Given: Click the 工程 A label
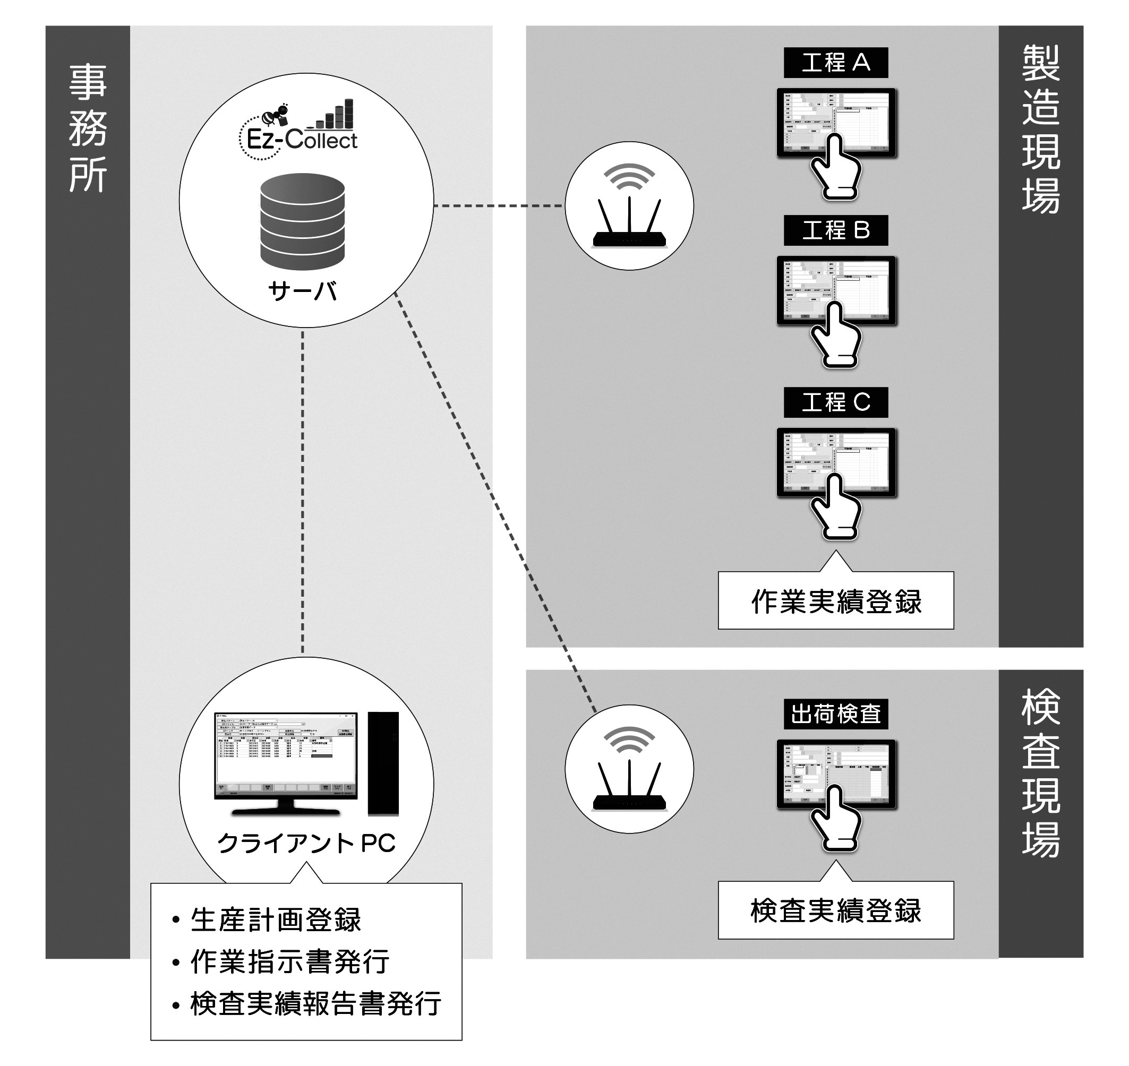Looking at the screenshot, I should coord(835,63).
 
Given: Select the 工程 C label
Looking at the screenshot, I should coord(835,402).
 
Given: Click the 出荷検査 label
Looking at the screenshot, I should coord(835,713).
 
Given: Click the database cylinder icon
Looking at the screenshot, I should coord(303,221).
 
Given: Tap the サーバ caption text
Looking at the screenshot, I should coord(303,291).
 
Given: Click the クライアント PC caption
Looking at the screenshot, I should coord(306,843).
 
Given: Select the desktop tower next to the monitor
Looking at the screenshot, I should coord(383,764).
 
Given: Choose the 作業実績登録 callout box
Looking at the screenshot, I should coord(836,600).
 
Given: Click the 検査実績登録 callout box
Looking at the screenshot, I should coord(836,910).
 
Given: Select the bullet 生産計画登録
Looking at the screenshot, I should coord(276,921).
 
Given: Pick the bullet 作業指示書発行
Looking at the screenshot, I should coord(290,962).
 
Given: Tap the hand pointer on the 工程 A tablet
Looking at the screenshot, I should coord(834,168).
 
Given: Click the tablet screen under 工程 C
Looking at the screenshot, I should coord(836,460).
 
